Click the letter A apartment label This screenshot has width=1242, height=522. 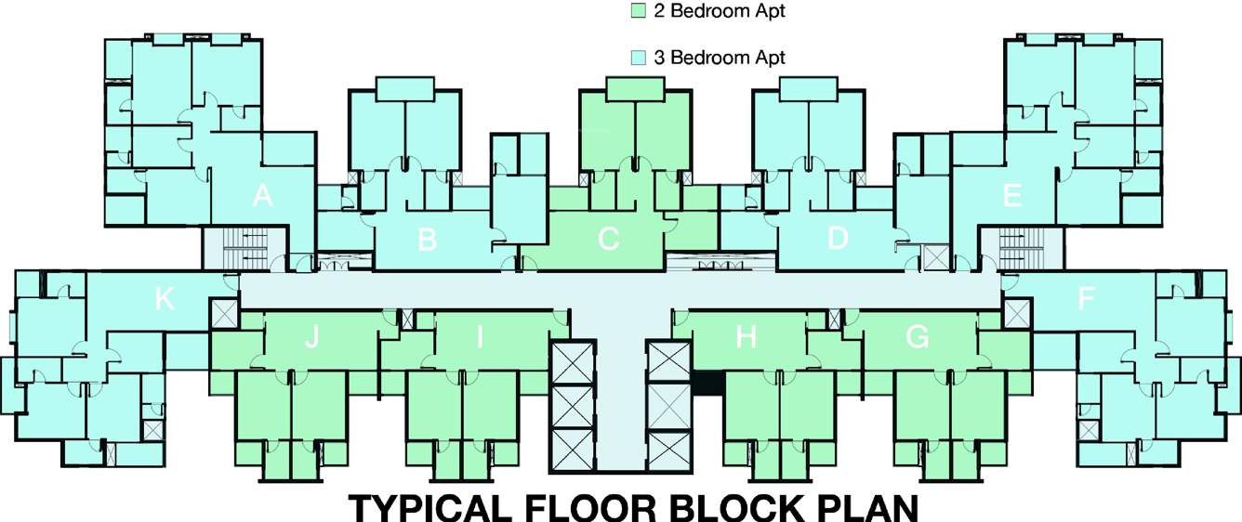(263, 196)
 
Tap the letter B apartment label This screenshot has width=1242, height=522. (427, 240)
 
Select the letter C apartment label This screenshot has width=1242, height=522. (608, 240)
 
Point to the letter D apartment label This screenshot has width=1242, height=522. (838, 239)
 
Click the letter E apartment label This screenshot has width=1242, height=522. (1012, 196)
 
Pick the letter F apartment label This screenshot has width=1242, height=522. (1085, 299)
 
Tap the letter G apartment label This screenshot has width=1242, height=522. (917, 338)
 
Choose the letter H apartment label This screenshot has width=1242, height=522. (746, 338)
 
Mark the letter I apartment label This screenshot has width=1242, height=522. (480, 338)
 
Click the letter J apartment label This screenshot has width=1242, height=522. (311, 338)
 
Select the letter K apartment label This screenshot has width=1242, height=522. (165, 299)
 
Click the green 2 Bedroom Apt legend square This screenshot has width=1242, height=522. (638, 12)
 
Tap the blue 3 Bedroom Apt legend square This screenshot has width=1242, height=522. (638, 58)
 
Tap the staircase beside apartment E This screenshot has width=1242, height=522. (1023, 248)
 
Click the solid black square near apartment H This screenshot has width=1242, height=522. (708, 384)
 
